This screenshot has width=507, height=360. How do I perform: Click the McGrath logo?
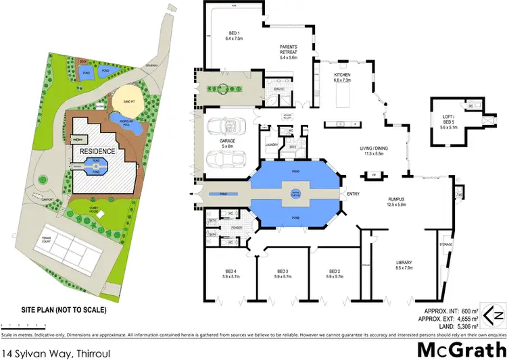coord(460,351)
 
